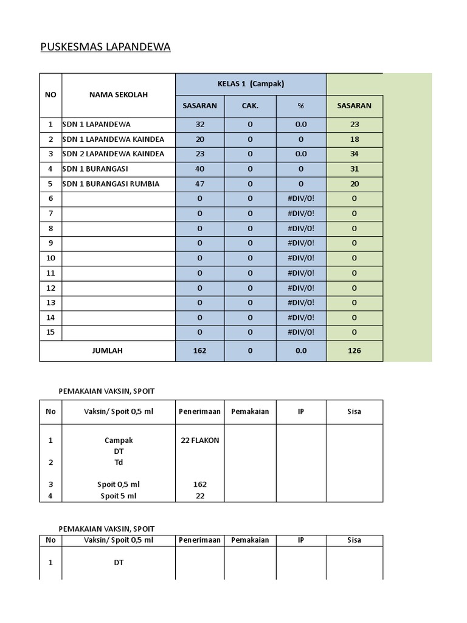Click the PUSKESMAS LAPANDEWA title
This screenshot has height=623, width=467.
coord(105,47)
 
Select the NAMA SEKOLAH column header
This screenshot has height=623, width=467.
coord(119,94)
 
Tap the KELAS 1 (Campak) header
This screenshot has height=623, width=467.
coord(251,83)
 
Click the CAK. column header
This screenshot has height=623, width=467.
coord(250,106)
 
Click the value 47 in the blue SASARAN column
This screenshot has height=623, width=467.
coord(199,184)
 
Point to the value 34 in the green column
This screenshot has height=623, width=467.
coord(355,154)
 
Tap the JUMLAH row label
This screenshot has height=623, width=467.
coord(107,350)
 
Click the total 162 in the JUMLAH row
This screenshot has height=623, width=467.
coord(199,350)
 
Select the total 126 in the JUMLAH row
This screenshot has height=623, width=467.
coord(355,350)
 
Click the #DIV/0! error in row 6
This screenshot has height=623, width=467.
coord(300,198)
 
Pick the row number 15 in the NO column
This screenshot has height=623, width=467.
coord(50,332)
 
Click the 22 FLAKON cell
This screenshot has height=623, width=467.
coord(199,440)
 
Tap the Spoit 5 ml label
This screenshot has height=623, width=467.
coord(119,496)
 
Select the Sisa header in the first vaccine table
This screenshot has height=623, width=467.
coord(355,411)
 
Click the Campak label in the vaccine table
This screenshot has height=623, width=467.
coord(119,440)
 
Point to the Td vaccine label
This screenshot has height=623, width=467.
coord(119,462)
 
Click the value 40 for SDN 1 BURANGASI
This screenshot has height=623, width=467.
coord(199,169)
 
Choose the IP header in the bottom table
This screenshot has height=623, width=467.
coord(300,540)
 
